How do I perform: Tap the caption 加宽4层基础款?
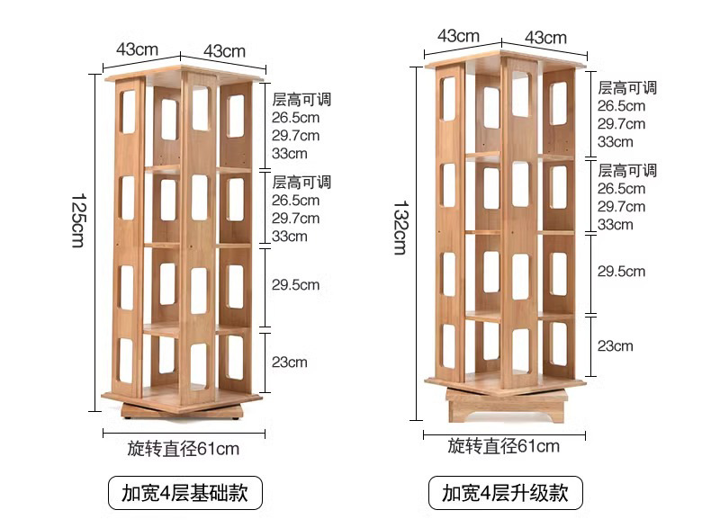(x=184, y=493)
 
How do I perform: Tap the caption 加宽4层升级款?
(x=506, y=493)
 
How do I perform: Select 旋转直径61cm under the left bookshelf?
(x=184, y=447)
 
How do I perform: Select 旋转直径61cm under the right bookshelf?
(x=504, y=446)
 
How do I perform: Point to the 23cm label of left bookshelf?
(x=290, y=362)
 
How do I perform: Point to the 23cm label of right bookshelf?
(x=616, y=345)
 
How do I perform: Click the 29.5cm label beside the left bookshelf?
(x=296, y=285)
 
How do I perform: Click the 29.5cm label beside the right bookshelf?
(x=622, y=271)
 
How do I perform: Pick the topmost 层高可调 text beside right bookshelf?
(x=627, y=87)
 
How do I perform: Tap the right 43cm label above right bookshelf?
(x=545, y=37)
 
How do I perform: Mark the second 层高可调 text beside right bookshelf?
(x=627, y=170)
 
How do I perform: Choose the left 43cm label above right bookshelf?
(x=459, y=35)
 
